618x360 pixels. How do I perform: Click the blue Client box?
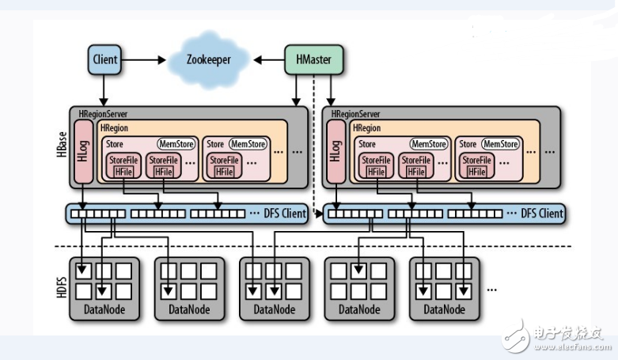[x=104, y=59]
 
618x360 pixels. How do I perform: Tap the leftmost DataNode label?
[x=104, y=309]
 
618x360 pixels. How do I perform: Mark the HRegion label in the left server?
[x=115, y=128]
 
